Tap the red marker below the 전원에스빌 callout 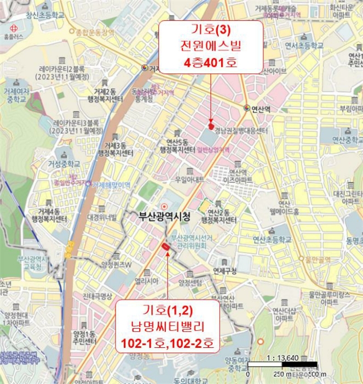[212, 126]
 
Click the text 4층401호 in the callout [211, 63]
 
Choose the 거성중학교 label [64, 164]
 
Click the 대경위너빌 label [102, 217]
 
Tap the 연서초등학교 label [303, 45]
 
